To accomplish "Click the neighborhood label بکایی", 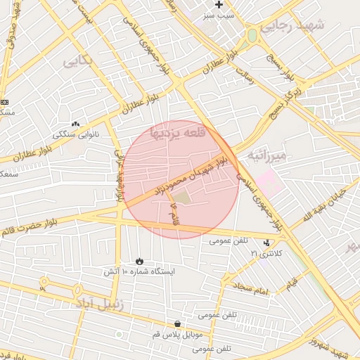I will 78,61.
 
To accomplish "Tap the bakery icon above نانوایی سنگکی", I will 76,124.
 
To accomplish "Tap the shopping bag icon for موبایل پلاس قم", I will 176,324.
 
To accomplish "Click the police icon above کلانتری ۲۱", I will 266,243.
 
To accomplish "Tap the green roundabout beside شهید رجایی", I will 252,34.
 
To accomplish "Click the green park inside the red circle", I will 182,199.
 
